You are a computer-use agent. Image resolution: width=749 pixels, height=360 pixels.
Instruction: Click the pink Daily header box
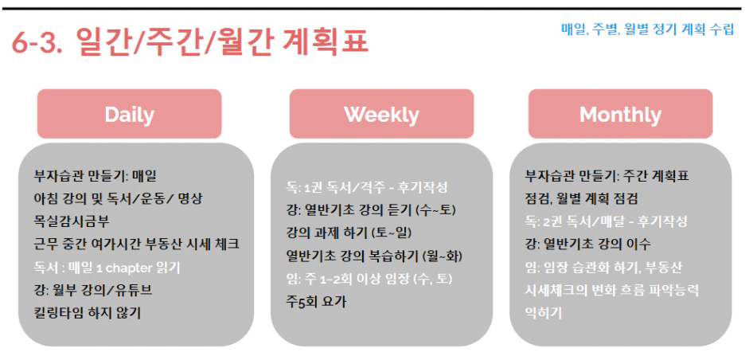tap(130, 114)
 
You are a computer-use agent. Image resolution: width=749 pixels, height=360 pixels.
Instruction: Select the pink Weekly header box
tap(382, 114)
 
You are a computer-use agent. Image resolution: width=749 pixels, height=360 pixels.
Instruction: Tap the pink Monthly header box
tap(621, 114)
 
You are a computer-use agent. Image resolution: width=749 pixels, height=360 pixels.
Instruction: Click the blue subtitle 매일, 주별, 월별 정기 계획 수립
tap(648, 29)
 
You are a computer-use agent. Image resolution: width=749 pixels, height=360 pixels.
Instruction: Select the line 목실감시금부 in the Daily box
tap(72, 221)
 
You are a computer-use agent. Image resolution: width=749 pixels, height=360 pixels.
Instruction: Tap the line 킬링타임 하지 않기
tap(88, 313)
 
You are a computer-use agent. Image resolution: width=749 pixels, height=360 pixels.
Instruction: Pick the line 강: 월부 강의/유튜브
tap(93, 290)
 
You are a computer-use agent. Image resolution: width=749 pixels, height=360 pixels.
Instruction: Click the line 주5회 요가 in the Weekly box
tap(316, 302)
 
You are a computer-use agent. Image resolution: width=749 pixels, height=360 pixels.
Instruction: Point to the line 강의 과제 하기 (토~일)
tap(349, 233)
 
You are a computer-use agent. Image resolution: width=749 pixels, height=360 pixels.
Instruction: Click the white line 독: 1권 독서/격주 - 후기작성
tap(367, 187)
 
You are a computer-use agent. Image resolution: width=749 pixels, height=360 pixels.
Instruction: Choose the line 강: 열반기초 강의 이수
tap(587, 245)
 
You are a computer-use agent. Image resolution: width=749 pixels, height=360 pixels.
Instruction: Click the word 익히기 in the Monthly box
tap(543, 313)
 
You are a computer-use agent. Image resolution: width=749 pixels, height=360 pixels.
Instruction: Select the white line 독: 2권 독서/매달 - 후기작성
tap(607, 221)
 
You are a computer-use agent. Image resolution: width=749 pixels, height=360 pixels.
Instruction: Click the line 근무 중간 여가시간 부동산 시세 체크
tap(137, 245)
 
